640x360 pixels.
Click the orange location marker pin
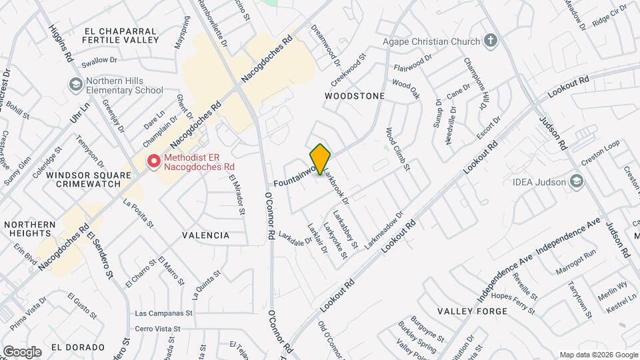(321, 159)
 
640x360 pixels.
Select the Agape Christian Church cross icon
(491, 41)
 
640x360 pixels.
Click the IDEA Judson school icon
(576, 181)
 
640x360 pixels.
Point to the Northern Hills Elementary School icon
(76, 84)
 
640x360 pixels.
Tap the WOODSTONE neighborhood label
(355, 96)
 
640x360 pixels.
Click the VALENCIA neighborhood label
(205, 235)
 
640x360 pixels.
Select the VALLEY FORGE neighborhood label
(469, 311)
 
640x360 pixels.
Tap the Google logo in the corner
(21, 351)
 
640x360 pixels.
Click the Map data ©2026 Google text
(598, 354)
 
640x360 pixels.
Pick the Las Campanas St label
(163, 312)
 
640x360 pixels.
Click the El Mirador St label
(235, 195)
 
